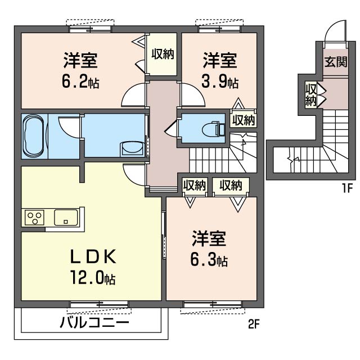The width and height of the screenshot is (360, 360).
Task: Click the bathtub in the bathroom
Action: [34, 136]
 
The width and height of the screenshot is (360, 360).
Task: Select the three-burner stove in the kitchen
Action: [34, 217]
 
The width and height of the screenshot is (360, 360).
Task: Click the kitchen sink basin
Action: [66, 217]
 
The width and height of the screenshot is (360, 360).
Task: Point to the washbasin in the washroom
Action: [133, 148]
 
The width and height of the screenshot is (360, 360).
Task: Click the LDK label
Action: [93, 257]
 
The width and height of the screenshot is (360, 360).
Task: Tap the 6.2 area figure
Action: [80, 82]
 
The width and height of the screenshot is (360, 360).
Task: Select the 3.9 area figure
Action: [220, 82]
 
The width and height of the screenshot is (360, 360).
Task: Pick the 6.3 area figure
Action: [209, 260]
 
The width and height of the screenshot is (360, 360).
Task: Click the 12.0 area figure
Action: [93, 277]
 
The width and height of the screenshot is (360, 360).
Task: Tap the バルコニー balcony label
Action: [94, 323]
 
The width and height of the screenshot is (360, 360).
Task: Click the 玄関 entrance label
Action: [336, 61]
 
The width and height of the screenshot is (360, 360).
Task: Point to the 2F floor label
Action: [254, 325]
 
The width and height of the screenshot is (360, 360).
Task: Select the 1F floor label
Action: [347, 188]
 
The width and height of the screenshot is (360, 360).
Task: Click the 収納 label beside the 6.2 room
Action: [163, 54]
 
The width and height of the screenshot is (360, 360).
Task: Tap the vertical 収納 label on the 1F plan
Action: [310, 95]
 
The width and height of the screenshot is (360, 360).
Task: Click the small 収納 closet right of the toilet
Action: [244, 120]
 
